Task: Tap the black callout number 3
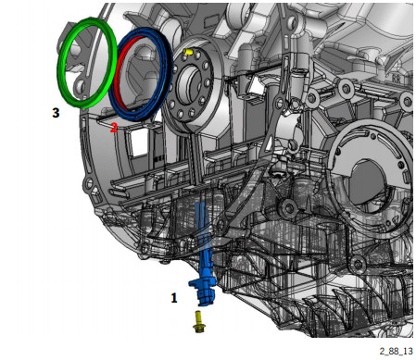56,113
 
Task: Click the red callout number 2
114,128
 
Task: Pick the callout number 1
174,298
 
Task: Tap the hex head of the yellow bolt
198,329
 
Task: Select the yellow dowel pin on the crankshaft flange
187,52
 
